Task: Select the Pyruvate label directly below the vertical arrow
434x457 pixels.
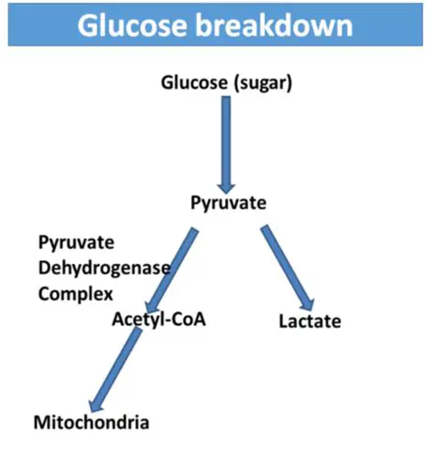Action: pos(227,201)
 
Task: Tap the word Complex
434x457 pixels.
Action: pos(75,294)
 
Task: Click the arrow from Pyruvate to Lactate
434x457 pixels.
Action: pos(287,266)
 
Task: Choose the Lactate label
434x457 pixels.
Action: pos(309,321)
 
